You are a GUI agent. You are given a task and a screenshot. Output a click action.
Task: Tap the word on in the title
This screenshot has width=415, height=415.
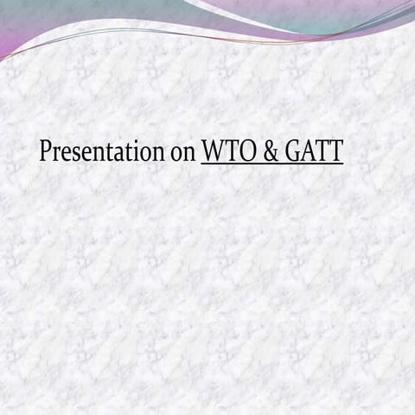[x=182, y=152]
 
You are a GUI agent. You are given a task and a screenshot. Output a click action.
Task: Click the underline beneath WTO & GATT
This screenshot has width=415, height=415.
[x=272, y=163]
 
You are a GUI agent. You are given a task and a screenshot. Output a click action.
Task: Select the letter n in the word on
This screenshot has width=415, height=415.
[x=188, y=153]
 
